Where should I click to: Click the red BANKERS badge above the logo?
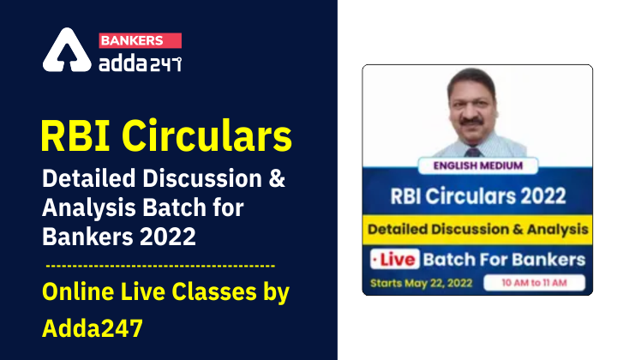coord(141,40)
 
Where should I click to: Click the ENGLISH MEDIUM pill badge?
coord(476,167)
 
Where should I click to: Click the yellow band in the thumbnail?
coord(476,229)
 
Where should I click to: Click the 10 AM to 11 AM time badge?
coord(533,282)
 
